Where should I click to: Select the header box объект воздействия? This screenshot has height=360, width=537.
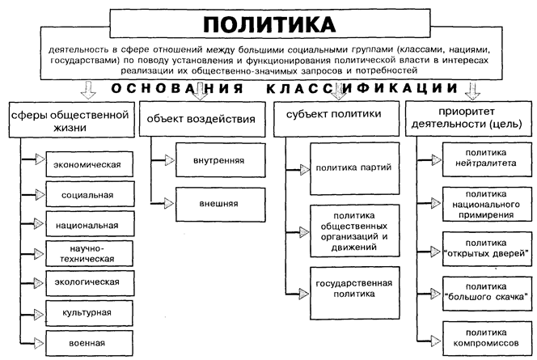pos(202,119)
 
